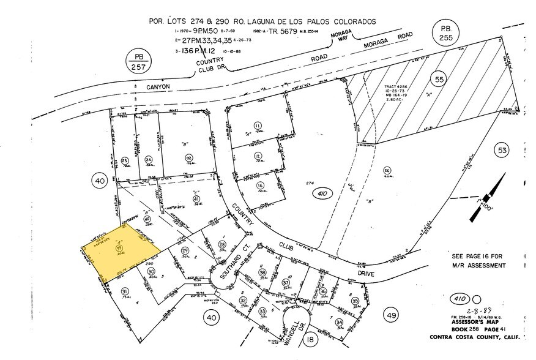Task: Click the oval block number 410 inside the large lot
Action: click(319, 194)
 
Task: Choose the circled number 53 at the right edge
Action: click(502, 151)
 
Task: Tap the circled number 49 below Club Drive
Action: click(392, 315)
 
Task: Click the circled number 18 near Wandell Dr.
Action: click(310, 339)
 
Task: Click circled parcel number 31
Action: click(125, 291)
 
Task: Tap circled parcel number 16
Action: click(260, 186)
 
